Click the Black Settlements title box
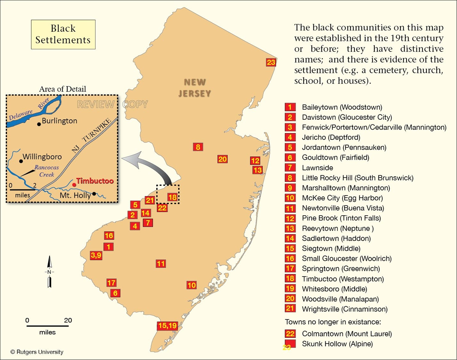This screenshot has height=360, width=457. tap(63, 34)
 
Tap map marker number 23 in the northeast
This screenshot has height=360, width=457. tap(271, 62)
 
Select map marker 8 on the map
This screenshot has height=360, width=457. tap(198, 147)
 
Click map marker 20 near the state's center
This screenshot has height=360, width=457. tap(222, 159)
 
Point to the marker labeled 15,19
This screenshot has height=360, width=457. tap(167, 326)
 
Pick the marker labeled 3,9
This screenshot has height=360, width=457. tap(96, 255)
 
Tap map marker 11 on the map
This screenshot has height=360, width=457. tap(161, 264)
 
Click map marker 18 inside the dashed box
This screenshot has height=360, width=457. tap(172, 197)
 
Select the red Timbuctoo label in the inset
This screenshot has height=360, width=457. tap(95, 181)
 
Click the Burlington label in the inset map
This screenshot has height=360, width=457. tap(60, 121)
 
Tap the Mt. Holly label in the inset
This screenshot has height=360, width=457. tap(75, 195)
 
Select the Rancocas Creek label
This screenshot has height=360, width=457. tap(47, 171)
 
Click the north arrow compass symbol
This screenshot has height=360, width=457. tap(49, 272)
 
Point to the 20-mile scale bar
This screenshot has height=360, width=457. tap(47, 326)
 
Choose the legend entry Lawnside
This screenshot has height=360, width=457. tap(317, 168)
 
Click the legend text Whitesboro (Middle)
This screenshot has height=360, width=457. tap(334, 289)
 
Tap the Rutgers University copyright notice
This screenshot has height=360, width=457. tap(37, 352)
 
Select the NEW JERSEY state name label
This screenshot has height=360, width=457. tap(195, 88)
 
